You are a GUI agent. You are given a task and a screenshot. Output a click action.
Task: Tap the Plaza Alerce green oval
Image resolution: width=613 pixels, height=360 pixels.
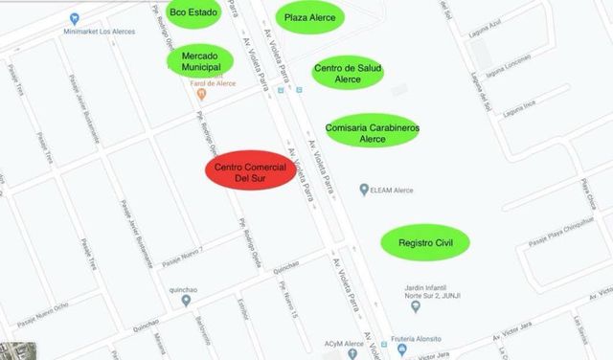coord(309,17)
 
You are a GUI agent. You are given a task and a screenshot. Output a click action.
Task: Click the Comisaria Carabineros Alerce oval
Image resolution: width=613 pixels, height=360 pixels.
coord(372,133)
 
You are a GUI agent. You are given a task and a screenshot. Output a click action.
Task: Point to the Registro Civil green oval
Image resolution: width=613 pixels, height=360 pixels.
coord(425,243)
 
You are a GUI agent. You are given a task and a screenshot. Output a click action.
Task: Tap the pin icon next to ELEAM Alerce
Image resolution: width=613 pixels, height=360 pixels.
coord(363,189)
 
